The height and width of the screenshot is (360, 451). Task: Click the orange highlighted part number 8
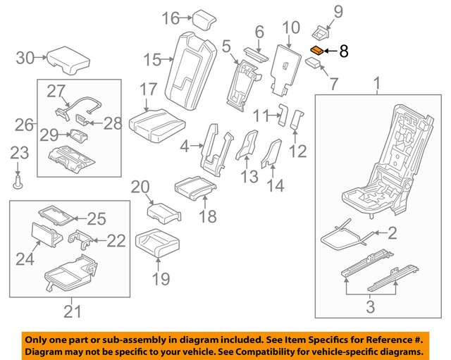coord(318,50)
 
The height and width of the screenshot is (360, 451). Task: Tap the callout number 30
coord(25,58)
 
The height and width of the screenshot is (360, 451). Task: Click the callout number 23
coord(19,152)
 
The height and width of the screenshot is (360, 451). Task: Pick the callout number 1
coord(376,87)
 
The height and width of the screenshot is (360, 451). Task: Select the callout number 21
coord(73,310)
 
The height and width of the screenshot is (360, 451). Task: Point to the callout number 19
coord(161,279)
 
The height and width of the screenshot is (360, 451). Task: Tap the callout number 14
coord(276,186)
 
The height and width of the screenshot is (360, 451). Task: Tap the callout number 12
coord(299,150)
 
